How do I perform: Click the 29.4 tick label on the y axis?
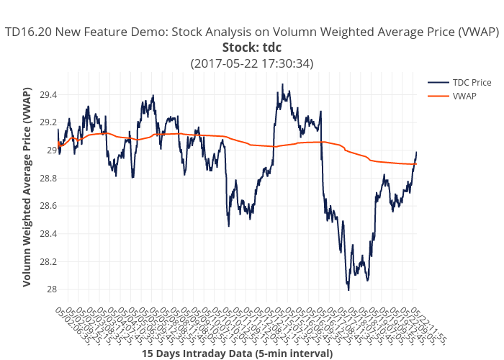coord(48,95)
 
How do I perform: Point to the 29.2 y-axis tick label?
coord(48,122)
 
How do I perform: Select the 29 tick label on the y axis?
coord(51,150)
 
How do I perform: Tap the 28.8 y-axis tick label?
coord(48,179)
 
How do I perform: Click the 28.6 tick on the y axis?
coord(48,206)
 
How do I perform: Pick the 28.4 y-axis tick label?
coord(48,234)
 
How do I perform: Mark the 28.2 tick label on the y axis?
coord(48,261)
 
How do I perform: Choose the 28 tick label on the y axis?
coord(51,289)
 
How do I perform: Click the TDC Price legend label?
coord(472,83)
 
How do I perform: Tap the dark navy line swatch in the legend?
coord(438,83)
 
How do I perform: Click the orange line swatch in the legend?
coord(438,96)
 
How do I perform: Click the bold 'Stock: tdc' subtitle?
coord(251,48)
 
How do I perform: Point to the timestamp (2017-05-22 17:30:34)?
coord(251,63)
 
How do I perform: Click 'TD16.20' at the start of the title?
coord(26,32)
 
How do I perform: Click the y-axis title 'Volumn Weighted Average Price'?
coord(27,187)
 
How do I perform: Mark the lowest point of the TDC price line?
coord(348,289)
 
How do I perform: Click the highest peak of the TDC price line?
coord(282,84)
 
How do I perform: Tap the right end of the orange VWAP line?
coord(416,164)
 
